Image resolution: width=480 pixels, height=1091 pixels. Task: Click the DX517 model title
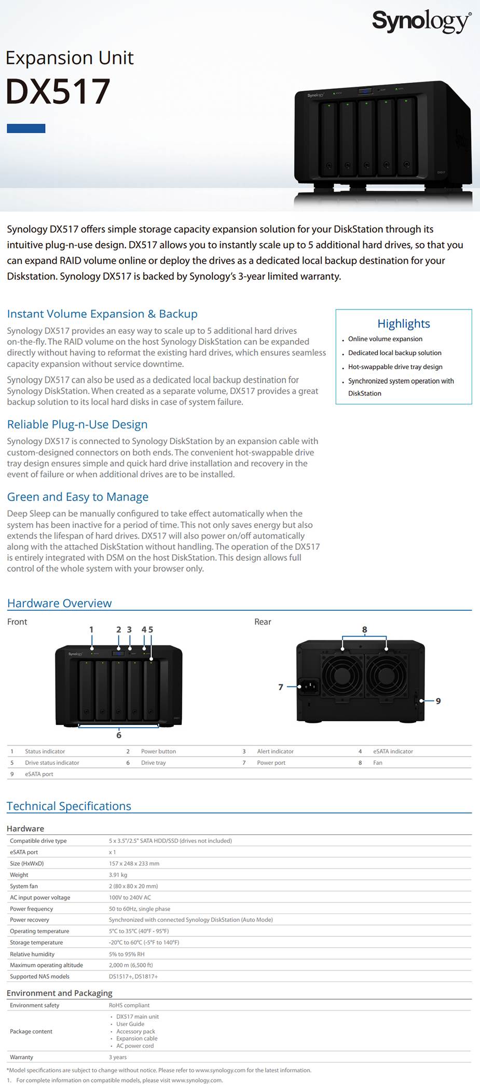tap(58, 91)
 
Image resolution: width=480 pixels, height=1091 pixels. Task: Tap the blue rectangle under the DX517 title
tap(26, 128)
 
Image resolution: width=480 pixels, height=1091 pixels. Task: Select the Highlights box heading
tap(404, 324)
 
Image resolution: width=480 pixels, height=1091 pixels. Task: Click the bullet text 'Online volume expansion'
tap(385, 339)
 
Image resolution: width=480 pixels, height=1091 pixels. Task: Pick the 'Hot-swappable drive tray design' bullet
tap(395, 367)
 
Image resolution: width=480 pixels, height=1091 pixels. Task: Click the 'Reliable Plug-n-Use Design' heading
tap(77, 424)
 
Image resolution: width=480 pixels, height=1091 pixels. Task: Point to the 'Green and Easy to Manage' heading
tap(78, 497)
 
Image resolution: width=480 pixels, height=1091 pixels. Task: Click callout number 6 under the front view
tap(119, 735)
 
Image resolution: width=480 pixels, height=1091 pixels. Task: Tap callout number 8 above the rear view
tap(365, 629)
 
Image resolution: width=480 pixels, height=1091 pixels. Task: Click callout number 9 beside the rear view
tap(438, 701)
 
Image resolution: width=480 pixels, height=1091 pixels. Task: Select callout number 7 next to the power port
tap(281, 687)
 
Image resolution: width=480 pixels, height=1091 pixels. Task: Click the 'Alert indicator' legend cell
tap(275, 751)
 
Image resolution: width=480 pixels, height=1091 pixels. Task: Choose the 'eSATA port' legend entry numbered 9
tap(39, 774)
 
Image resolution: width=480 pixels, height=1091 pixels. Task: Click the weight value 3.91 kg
tap(118, 875)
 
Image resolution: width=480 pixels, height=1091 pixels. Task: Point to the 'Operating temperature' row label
tap(39, 931)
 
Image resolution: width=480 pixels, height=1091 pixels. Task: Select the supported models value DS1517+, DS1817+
tap(133, 976)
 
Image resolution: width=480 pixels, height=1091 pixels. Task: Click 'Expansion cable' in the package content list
tap(136, 1039)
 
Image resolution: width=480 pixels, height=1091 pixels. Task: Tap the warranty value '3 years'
tap(118, 1057)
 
